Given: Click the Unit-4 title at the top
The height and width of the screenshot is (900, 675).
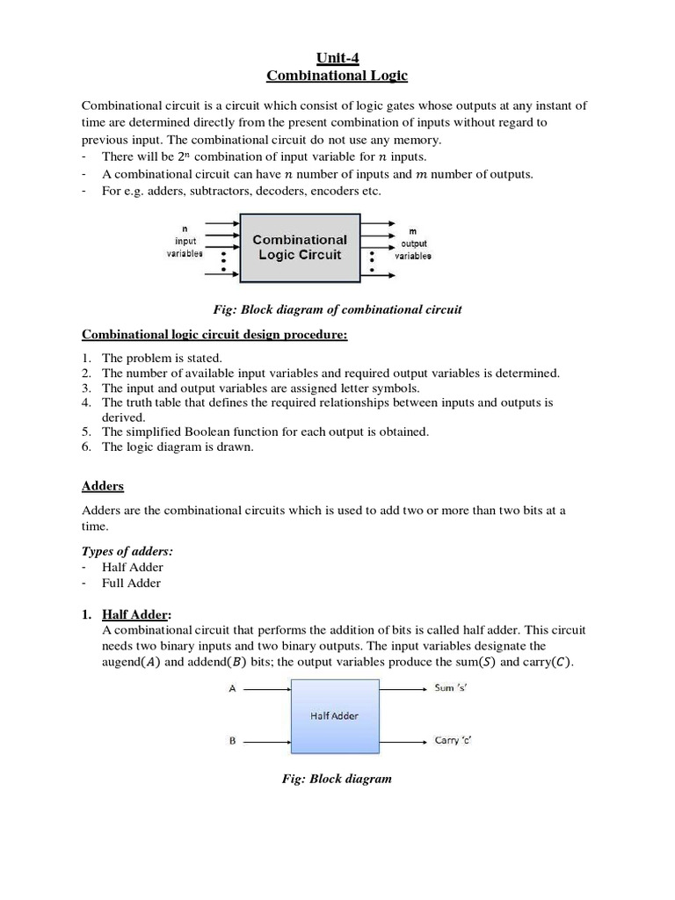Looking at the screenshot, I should [x=337, y=59].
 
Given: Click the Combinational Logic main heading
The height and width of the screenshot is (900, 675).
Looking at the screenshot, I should [x=337, y=76].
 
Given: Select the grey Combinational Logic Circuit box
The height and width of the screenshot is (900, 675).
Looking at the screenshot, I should [x=300, y=247].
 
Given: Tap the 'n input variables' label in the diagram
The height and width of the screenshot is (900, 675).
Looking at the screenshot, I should [x=185, y=242].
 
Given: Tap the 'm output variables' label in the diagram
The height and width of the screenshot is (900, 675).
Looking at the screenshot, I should [x=413, y=243].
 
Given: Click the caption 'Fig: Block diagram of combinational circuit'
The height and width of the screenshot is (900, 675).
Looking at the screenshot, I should [x=337, y=309].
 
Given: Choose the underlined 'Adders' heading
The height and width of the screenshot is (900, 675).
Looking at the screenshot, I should [x=103, y=485].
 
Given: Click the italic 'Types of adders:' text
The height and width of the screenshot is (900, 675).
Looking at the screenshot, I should [x=127, y=550].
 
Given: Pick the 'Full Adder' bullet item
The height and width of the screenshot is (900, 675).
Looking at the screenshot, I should [x=132, y=583].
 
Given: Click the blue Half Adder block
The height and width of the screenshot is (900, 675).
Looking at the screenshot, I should [x=334, y=715].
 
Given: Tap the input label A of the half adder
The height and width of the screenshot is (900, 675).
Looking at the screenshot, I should [x=232, y=690].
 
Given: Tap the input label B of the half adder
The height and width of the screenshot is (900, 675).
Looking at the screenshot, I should [x=232, y=741].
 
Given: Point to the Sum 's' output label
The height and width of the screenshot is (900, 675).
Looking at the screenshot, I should [x=456, y=687].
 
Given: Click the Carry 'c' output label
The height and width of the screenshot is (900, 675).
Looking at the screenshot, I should [x=454, y=740].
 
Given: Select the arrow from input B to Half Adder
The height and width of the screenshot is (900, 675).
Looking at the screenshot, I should [x=266, y=741].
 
